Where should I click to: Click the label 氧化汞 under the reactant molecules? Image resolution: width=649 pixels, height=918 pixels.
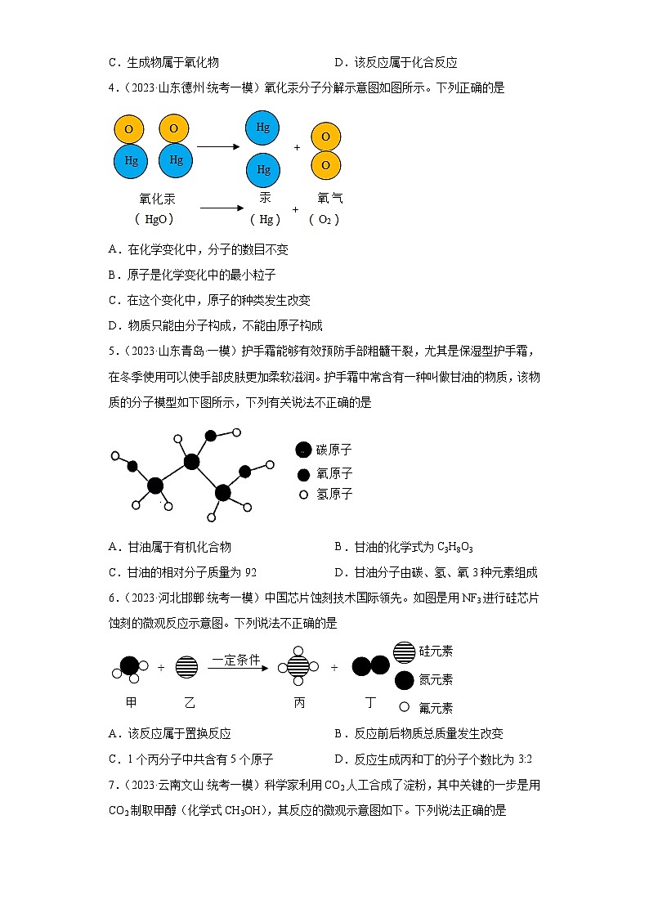click(x=158, y=199)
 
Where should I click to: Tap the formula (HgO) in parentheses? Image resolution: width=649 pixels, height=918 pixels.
click(x=154, y=219)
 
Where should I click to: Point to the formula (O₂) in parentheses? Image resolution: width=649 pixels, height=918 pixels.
click(x=324, y=219)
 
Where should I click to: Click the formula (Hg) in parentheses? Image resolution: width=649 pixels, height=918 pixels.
click(x=265, y=219)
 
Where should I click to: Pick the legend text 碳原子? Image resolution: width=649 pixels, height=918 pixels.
click(x=334, y=450)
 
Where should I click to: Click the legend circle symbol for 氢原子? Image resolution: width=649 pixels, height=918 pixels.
click(x=303, y=495)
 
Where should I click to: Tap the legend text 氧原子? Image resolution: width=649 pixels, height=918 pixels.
click(x=334, y=473)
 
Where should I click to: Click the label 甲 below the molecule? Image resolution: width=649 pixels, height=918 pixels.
click(x=131, y=702)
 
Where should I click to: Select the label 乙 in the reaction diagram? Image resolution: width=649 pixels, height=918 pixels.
click(x=190, y=702)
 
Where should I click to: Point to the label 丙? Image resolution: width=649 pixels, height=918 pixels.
click(x=299, y=702)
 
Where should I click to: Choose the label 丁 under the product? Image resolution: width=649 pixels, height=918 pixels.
click(x=370, y=702)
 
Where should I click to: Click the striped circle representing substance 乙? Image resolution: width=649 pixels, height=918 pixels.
click(x=187, y=667)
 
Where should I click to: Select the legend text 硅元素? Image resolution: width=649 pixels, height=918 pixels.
click(x=436, y=652)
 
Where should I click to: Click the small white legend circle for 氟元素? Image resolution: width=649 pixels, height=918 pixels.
click(x=404, y=707)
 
